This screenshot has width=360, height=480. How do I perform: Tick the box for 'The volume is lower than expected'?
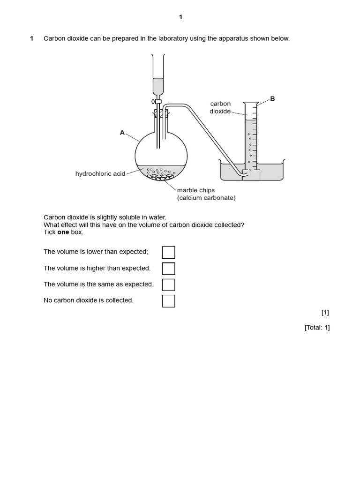click(x=168, y=252)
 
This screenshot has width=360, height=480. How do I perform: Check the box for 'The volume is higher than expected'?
click(x=168, y=269)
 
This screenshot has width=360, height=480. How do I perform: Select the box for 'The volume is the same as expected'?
click(x=168, y=285)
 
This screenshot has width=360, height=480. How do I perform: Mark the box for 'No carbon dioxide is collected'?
click(x=168, y=301)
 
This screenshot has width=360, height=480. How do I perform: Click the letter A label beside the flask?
click(x=122, y=133)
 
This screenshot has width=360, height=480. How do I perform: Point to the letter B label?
click(x=272, y=99)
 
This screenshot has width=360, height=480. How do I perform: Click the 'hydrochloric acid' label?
click(x=100, y=174)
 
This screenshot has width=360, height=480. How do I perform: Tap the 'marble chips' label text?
click(x=195, y=190)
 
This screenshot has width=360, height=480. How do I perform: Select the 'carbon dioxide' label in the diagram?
click(x=220, y=107)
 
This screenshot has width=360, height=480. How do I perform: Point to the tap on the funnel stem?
click(x=157, y=101)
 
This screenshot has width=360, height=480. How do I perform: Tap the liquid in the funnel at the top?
click(x=159, y=87)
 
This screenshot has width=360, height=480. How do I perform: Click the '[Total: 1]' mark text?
click(x=317, y=328)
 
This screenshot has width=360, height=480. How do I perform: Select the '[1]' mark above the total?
click(x=325, y=313)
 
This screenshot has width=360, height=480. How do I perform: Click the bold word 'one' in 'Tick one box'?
click(x=63, y=232)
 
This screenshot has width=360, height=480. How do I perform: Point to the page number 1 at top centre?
click(x=180, y=17)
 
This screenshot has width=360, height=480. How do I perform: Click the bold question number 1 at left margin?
click(x=32, y=38)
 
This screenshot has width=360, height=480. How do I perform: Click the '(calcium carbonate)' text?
click(x=206, y=198)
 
